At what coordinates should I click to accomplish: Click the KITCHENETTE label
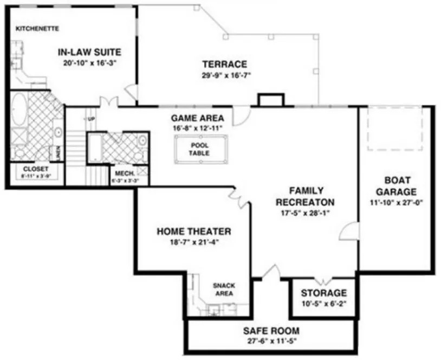[37, 28]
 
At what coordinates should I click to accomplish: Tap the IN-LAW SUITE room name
[89, 52]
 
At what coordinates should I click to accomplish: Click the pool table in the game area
[199, 149]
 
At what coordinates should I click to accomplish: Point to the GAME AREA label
[197, 118]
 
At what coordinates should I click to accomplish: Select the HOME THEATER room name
[193, 232]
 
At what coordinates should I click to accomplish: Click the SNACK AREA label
[223, 289]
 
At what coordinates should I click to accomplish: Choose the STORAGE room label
[323, 293]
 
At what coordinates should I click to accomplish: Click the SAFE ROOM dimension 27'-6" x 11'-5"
[271, 341]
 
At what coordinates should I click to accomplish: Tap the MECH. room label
[120, 174]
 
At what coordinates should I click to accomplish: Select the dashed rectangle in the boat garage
[394, 128]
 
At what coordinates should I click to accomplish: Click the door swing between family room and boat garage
[348, 231]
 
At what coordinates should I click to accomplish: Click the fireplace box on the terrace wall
[270, 100]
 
